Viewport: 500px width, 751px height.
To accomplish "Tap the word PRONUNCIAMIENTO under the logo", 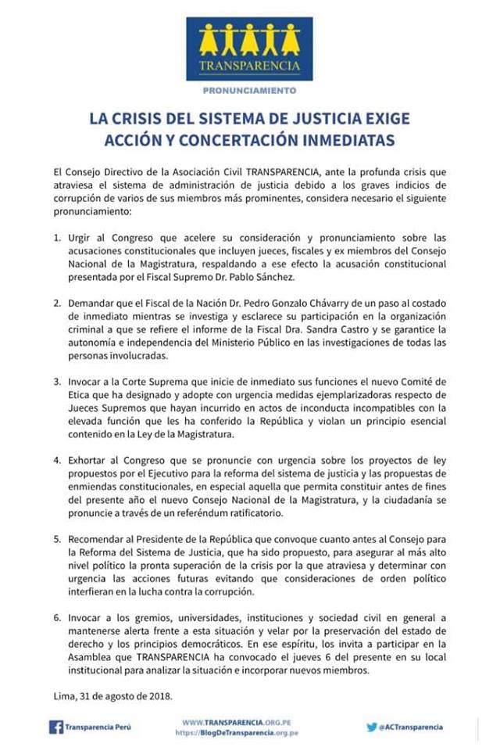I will coord(249,91).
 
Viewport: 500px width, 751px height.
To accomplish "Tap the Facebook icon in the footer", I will coord(55,727).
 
